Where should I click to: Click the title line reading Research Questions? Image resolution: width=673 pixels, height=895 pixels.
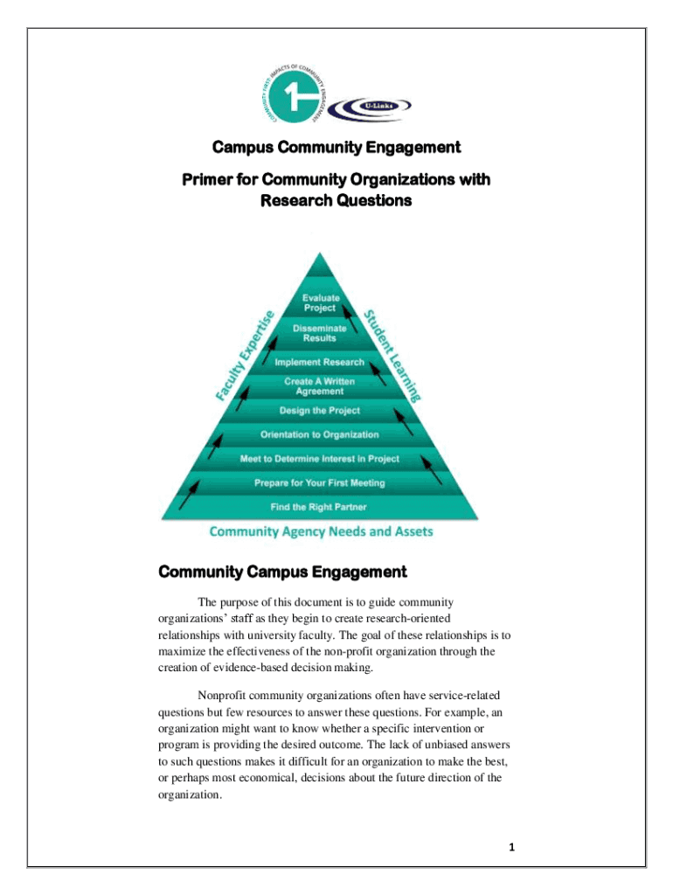pos(336,200)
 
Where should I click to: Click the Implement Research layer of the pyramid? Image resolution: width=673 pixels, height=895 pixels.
pos(320,362)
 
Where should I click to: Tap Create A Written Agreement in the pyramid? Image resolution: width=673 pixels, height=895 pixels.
pos(320,386)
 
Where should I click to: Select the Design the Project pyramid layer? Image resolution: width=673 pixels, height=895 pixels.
pos(320,410)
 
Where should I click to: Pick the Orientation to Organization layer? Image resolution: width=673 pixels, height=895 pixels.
pos(320,434)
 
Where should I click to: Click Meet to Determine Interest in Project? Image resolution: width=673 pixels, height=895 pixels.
pos(320,459)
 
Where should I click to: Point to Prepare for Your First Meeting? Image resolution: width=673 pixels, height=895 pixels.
pos(320,482)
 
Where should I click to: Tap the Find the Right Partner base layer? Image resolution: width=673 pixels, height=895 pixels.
pos(320,507)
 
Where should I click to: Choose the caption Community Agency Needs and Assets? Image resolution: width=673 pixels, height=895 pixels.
pos(321,531)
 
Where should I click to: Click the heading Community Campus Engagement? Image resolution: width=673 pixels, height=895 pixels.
pos(281,572)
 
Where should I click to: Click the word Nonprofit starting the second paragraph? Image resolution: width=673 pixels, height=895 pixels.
pos(223,696)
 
